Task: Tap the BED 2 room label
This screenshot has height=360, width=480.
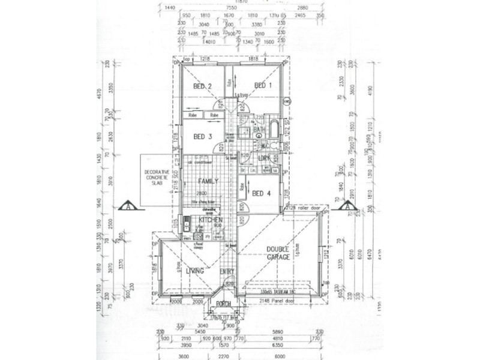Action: (202, 86)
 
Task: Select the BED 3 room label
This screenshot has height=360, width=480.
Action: (202, 136)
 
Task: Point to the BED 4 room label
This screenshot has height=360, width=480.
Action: (262, 193)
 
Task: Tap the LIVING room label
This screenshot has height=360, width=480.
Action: (195, 271)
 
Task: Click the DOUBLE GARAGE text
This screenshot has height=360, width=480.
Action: (278, 253)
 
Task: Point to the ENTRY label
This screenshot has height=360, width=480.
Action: (227, 271)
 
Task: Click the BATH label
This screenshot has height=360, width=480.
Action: (259, 129)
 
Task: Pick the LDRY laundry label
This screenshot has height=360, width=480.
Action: (263, 158)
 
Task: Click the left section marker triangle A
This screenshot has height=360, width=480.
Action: (130, 207)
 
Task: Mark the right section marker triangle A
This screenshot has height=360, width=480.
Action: (347, 207)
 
